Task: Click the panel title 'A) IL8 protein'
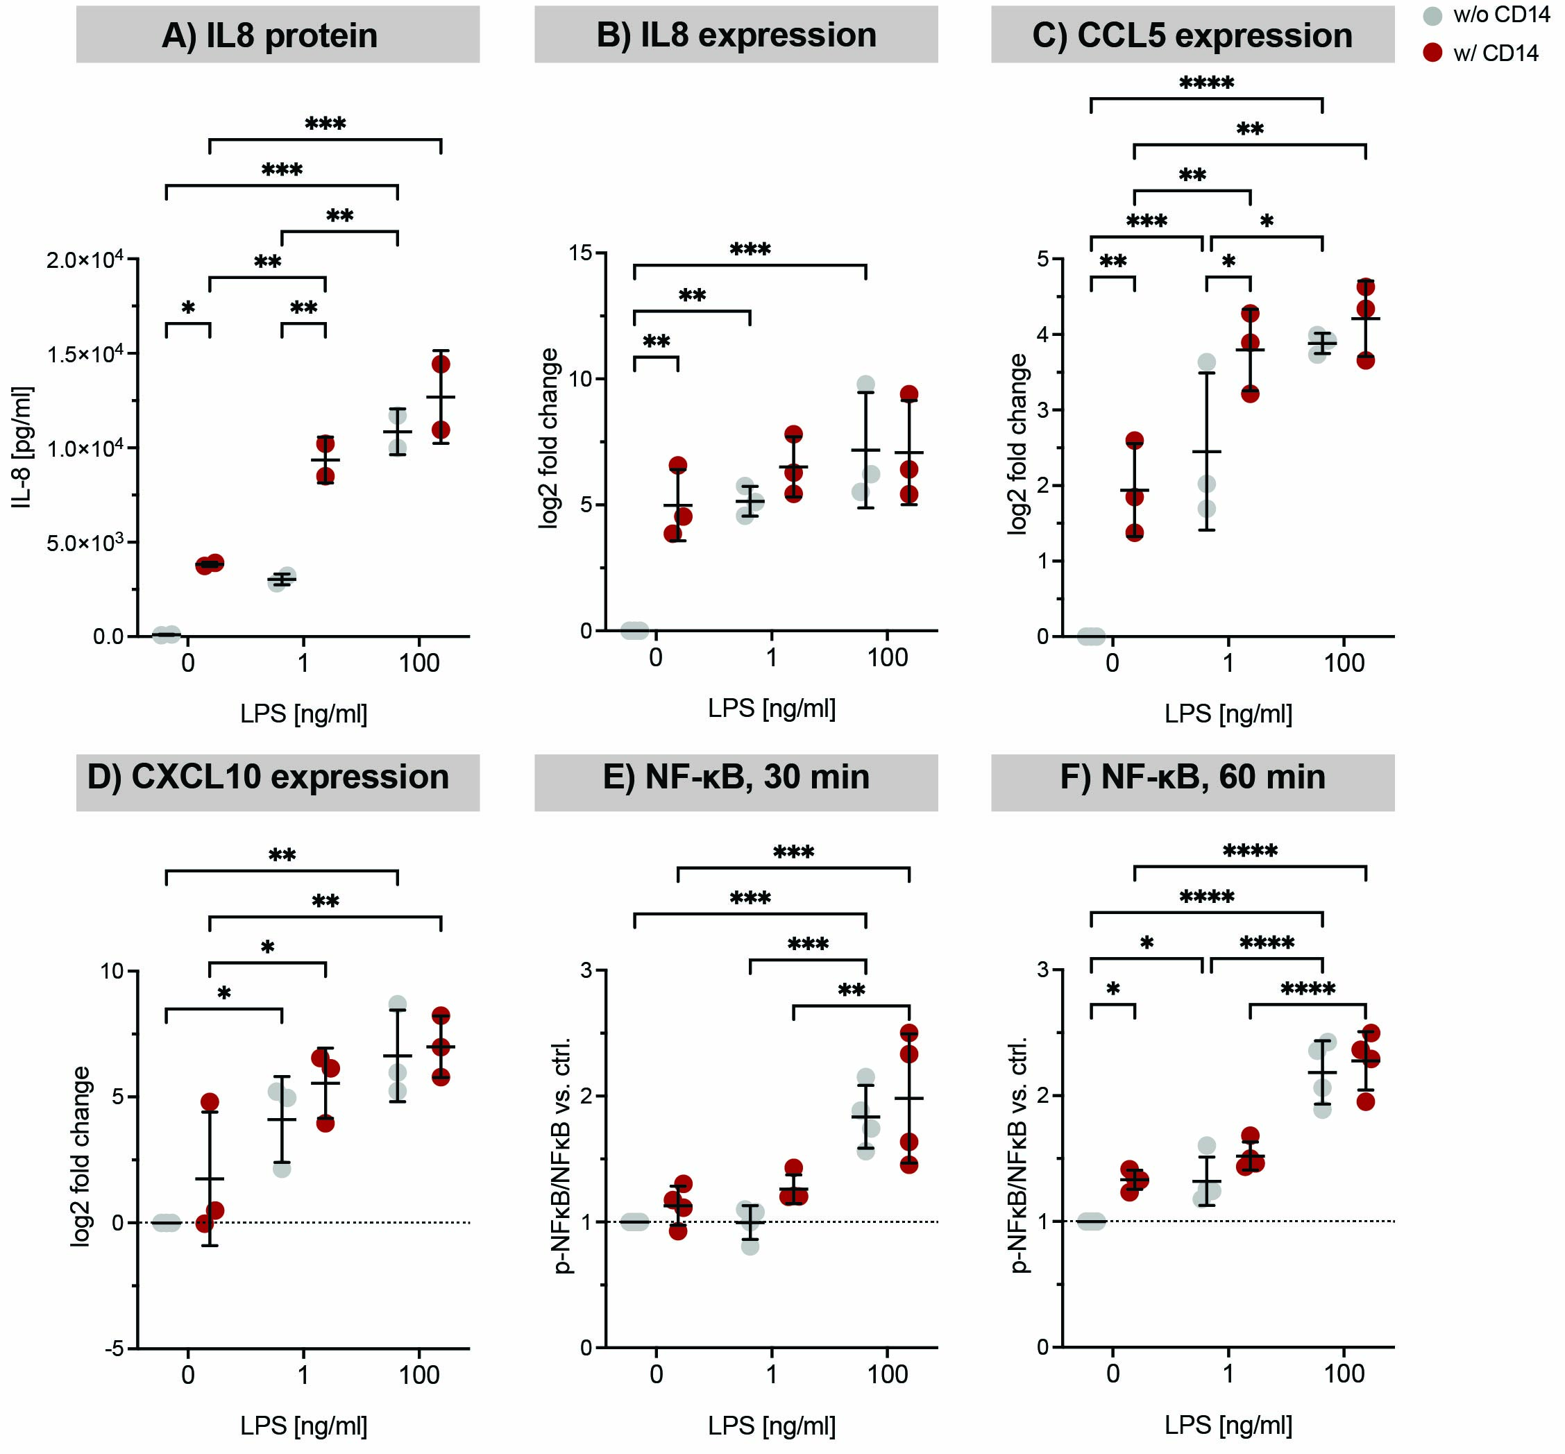pyautogui.click(x=269, y=35)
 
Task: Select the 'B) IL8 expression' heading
pyautogui.click(x=736, y=35)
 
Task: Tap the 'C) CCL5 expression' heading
pyautogui.click(x=1192, y=35)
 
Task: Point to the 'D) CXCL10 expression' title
pyautogui.click(x=269, y=777)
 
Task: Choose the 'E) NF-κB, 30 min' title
pyautogui.click(x=736, y=777)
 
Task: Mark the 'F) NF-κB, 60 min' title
pyautogui.click(x=1192, y=777)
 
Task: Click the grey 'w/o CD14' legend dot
pyautogui.click(x=1433, y=16)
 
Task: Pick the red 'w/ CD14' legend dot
pyautogui.click(x=1433, y=53)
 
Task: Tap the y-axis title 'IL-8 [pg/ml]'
pyautogui.click(x=23, y=448)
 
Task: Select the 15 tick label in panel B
pyautogui.click(x=582, y=253)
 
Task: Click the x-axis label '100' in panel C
pyautogui.click(x=1343, y=663)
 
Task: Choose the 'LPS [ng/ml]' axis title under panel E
pyautogui.click(x=771, y=1425)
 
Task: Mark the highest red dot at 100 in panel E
pyautogui.click(x=908, y=1032)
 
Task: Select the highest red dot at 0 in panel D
pyautogui.click(x=210, y=1102)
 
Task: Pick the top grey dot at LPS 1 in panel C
pyautogui.click(x=1206, y=363)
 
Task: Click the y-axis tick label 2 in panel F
pyautogui.click(x=1043, y=1095)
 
